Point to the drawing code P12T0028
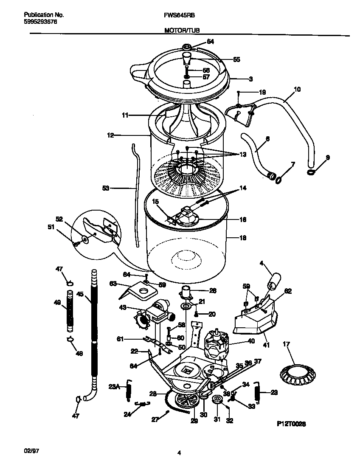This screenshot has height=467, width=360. [x=291, y=424]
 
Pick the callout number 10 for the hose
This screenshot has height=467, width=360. [x=297, y=89]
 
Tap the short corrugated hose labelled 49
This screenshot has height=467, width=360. [x=69, y=310]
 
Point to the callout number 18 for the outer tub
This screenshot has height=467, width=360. [x=243, y=238]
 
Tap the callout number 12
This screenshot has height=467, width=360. [x=110, y=135]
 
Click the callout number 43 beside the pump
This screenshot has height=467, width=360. [x=122, y=308]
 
